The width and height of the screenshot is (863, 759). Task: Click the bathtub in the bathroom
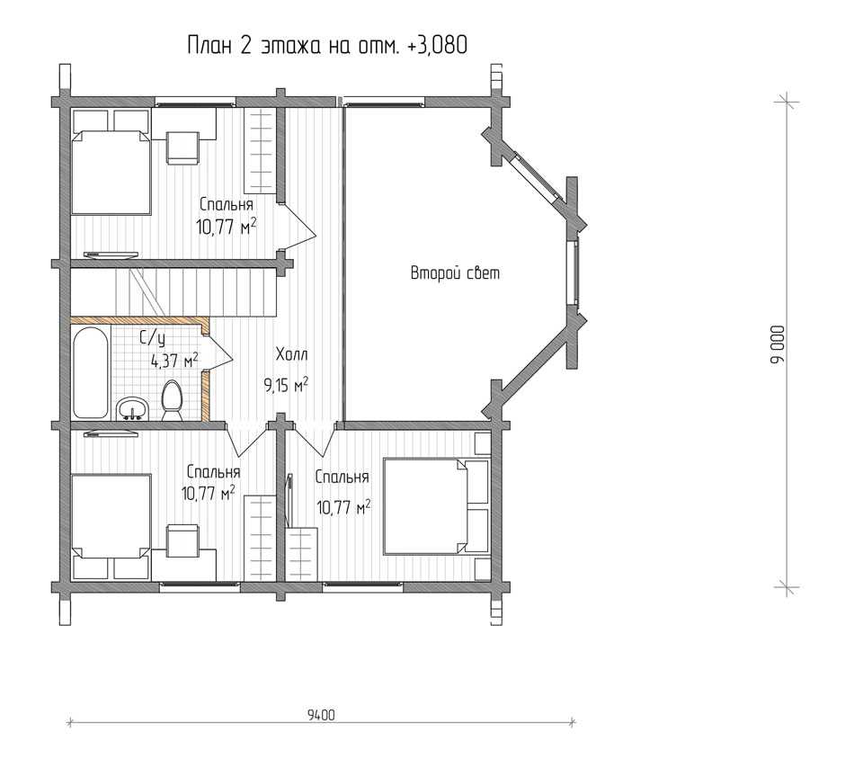90,373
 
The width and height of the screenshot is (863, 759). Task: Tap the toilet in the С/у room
173,401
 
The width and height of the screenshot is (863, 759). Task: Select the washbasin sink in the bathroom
131,408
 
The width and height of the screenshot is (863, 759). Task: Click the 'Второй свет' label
455,273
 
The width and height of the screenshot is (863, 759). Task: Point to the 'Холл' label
291,354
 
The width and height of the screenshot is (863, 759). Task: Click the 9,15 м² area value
286,385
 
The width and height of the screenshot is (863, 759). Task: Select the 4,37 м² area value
174,361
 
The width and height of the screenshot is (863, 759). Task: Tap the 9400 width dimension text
321,715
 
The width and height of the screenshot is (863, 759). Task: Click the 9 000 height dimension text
778,344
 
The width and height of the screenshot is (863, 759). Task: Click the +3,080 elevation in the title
438,45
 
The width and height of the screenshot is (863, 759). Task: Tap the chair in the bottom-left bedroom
182,541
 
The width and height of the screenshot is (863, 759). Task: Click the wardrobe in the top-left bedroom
259,151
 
